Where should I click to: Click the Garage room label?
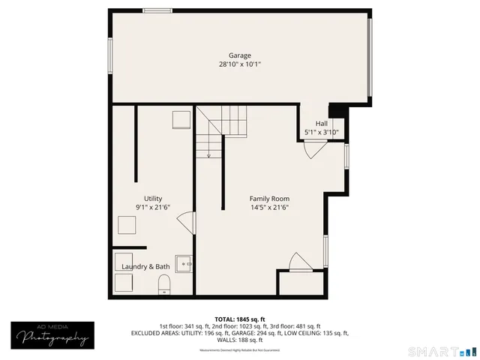coord(240,55)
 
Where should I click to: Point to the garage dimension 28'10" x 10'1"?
coord(240,65)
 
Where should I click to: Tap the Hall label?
coord(321,124)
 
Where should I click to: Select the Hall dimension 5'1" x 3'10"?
coord(321,133)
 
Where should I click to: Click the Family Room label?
coord(269,198)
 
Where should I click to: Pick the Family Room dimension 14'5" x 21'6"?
coord(269,207)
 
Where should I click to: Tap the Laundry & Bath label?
coord(145,266)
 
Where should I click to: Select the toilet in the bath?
coord(165,283)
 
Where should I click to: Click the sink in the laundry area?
coord(184,264)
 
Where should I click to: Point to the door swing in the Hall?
coord(313,148)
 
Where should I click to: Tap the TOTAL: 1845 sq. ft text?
coord(240,319)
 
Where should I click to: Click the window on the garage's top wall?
coord(156,10)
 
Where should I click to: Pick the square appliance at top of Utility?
coord(181,120)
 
